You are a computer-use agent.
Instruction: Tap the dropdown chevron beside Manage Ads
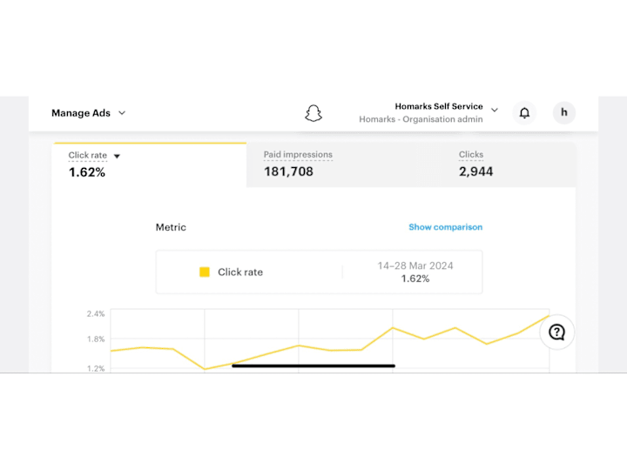point(122,113)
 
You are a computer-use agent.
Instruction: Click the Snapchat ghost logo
point(313,113)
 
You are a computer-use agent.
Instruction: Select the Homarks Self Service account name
point(439,107)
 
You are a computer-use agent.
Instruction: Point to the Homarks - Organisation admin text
point(421,119)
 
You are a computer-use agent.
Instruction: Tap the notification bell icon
point(524,113)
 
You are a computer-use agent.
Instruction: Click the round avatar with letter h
point(564,112)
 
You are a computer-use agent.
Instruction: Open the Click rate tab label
point(88,156)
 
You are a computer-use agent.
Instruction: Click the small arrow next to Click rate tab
point(117,157)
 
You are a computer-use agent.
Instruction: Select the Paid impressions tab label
point(298,155)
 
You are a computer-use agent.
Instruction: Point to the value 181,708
point(288,171)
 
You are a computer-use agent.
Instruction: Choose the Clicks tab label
point(471,155)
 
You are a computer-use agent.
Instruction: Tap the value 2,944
point(475,171)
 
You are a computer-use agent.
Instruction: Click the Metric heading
point(171,227)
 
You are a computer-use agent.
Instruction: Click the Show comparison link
point(445,227)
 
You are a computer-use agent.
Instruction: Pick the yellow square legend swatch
point(205,272)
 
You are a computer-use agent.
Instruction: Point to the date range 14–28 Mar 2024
point(415,265)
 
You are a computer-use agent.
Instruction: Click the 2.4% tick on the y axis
point(96,313)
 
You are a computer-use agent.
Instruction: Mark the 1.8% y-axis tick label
point(96,339)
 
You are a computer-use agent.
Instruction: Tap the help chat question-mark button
point(557,332)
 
